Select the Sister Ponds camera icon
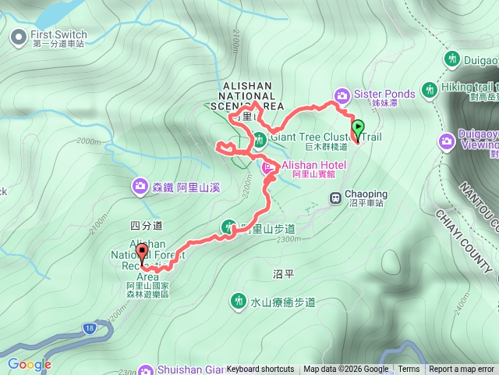coord(342,95)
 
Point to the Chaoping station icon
coord(335,198)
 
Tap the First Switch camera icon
coord(19,35)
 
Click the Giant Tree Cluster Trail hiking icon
coord(259,141)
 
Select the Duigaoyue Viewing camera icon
coord(446,141)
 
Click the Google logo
coord(30,364)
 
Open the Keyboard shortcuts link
coord(260,370)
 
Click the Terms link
coord(409,370)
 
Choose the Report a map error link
coord(462,370)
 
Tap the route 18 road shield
coord(92,329)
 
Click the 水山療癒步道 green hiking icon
coord(238,301)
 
